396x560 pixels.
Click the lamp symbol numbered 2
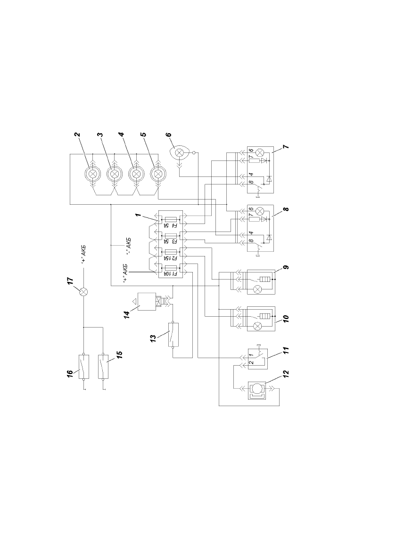tap(93, 174)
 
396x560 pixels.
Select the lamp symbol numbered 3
tap(115, 174)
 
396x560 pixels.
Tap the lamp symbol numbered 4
tap(136, 174)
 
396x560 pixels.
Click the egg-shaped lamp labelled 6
tap(181, 153)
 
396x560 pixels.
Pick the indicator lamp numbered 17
tap(83, 292)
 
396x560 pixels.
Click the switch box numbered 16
tap(84, 367)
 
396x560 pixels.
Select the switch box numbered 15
tap(103, 367)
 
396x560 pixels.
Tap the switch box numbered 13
tap(173, 335)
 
